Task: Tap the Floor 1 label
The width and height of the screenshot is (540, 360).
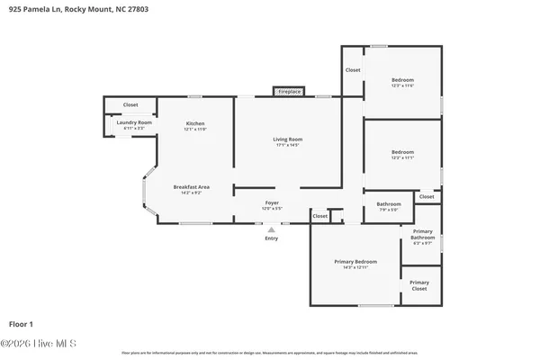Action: coord(21,323)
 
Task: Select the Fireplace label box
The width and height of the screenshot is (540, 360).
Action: coord(289,92)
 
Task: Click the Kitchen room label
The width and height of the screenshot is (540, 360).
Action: coord(195,123)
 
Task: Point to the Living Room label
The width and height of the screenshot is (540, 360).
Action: coord(288,139)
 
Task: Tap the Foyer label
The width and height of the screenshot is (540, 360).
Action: coord(271,203)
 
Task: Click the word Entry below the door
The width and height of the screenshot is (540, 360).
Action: coord(271,238)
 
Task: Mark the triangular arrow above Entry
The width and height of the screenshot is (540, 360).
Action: coord(271,229)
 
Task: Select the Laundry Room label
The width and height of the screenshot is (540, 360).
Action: coord(133,122)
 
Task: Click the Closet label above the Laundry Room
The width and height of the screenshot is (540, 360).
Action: coord(130,105)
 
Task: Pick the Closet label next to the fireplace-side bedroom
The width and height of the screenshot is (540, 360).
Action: coord(353,70)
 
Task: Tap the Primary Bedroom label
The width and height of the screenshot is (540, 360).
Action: coord(355,261)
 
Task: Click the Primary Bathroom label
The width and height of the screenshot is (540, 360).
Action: coord(422,235)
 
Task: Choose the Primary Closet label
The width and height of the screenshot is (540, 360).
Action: coord(420,285)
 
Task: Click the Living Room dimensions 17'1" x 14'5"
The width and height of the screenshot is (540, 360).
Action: coord(288,145)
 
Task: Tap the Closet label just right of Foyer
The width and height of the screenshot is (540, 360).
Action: coord(319,216)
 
